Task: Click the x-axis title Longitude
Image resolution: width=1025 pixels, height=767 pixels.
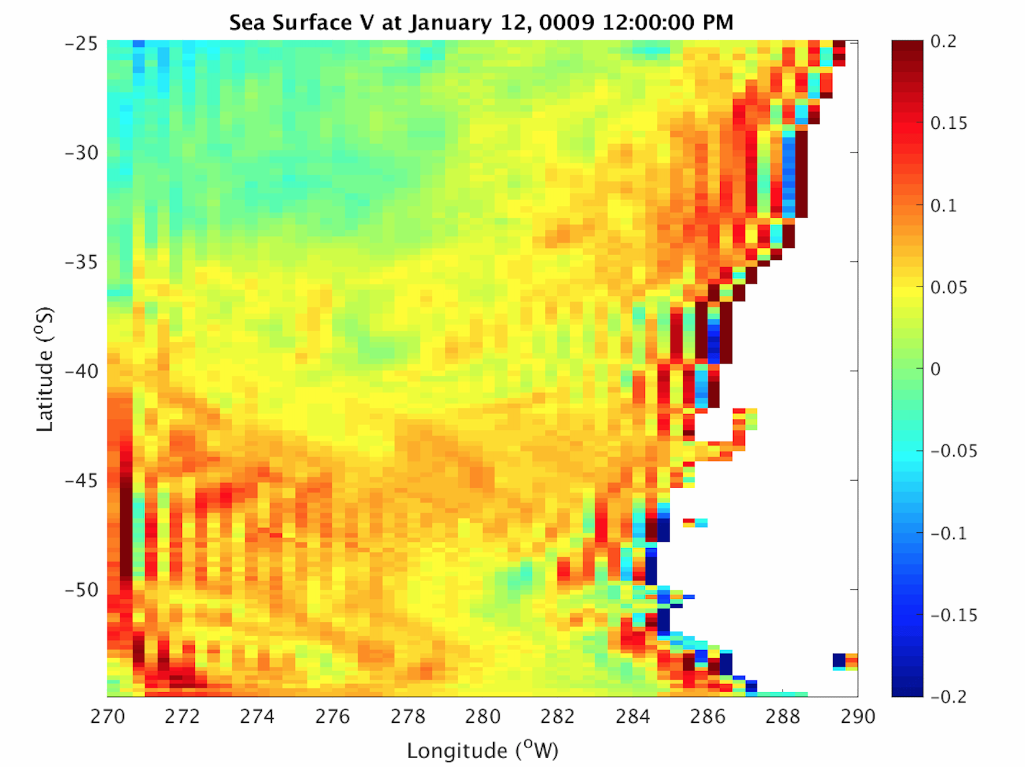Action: click(457, 751)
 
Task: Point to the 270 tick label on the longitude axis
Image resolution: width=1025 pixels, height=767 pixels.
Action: click(107, 716)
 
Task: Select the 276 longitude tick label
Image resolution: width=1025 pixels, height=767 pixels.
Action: click(332, 716)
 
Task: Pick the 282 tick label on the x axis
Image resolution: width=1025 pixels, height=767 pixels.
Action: click(557, 716)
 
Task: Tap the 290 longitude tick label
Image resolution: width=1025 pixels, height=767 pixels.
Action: click(858, 716)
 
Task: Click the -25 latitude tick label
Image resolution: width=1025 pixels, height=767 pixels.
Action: click(81, 44)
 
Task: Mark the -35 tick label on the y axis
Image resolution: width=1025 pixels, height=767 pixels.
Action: click(81, 262)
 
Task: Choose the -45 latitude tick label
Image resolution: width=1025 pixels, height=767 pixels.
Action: click(81, 481)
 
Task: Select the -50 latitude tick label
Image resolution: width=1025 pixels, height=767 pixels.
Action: click(81, 590)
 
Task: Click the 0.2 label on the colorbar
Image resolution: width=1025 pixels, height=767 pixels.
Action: click(943, 42)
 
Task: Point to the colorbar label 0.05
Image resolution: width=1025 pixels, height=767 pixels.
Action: click(949, 288)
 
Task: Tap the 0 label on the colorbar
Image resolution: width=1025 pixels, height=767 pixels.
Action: click(936, 369)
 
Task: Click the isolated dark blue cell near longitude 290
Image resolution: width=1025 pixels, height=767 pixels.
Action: click(839, 660)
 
